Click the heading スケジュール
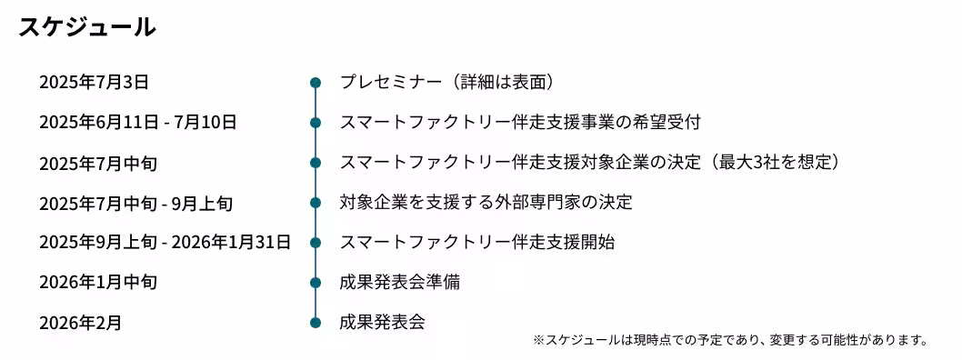(87, 27)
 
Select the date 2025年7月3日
(94, 83)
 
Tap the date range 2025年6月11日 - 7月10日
(137, 123)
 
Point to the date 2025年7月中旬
(98, 164)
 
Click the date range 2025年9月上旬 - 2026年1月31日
(165, 243)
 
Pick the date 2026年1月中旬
(98, 283)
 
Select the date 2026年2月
(80, 323)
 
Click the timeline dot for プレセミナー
(316, 83)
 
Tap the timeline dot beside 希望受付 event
(316, 123)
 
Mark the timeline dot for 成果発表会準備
(316, 283)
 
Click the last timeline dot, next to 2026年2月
(316, 323)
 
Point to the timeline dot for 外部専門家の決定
(316, 203)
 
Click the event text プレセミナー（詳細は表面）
(447, 82)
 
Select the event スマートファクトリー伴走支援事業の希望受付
(520, 122)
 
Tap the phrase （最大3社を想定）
(772, 163)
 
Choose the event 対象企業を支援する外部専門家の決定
(486, 202)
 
